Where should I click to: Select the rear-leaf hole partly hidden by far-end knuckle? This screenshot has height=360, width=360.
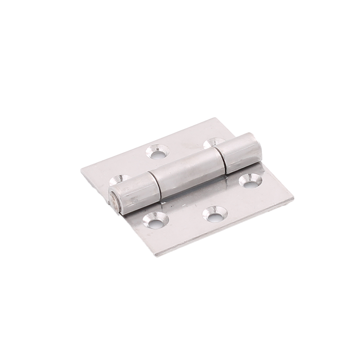(211, 143)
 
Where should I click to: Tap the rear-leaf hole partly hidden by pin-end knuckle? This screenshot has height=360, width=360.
(119, 179)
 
